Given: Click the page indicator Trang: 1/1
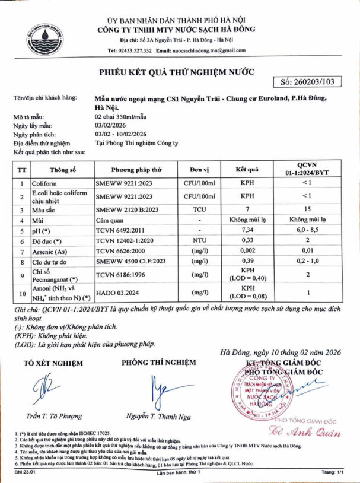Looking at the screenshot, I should [332, 472].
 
